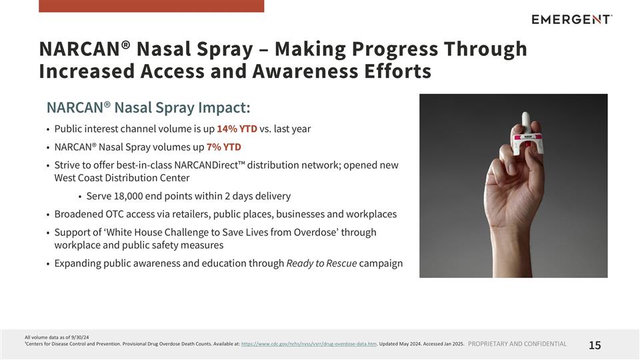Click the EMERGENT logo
[571, 19]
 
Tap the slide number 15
[595, 345]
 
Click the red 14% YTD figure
[237, 129]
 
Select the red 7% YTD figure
[223, 147]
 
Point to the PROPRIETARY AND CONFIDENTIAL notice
[517, 344]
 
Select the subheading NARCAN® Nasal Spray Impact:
[148, 107]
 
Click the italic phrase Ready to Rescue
[321, 263]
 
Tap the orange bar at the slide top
[151, 6]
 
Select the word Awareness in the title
[311, 71]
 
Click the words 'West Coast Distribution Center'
[122, 178]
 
